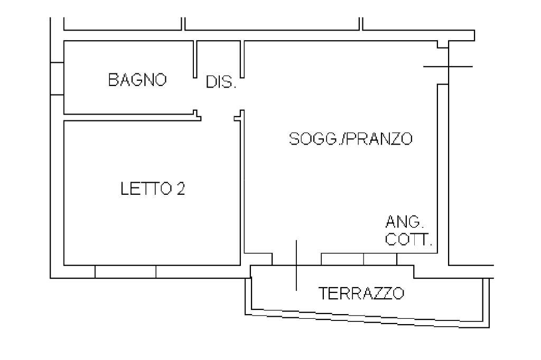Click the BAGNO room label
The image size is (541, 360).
[x=137, y=80]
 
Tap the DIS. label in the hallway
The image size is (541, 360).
[x=221, y=83]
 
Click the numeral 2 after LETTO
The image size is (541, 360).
[x=181, y=188]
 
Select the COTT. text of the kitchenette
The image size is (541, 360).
[x=409, y=240]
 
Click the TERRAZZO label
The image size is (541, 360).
[x=362, y=293]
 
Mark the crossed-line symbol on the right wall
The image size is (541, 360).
[x=448, y=67]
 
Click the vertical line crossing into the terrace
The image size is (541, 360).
[x=296, y=265]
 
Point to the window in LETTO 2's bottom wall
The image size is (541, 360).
[x=125, y=271]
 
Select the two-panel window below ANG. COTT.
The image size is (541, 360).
[x=359, y=259]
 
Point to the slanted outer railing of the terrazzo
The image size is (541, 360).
[x=370, y=316]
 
